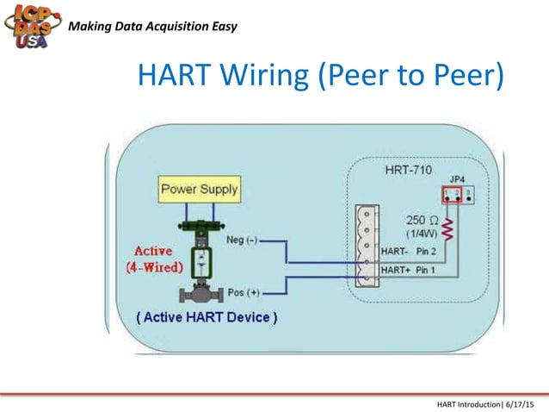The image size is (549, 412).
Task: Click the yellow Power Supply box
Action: pos(200,189)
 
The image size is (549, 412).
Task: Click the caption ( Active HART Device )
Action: pos(207,317)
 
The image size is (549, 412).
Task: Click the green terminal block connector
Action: pos(367,245)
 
